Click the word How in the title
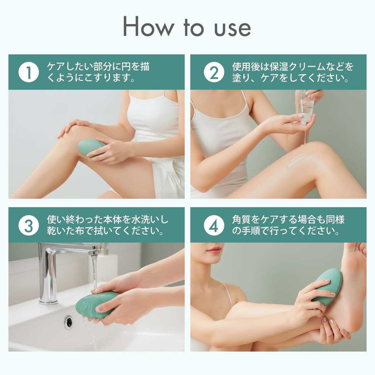tap(148, 26)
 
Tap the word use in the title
tap(232, 29)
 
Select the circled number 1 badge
tap(29, 72)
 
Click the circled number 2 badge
tap(214, 72)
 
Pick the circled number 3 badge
tap(29, 225)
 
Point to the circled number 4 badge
tap(214, 225)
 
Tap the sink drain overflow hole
tap(69, 322)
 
